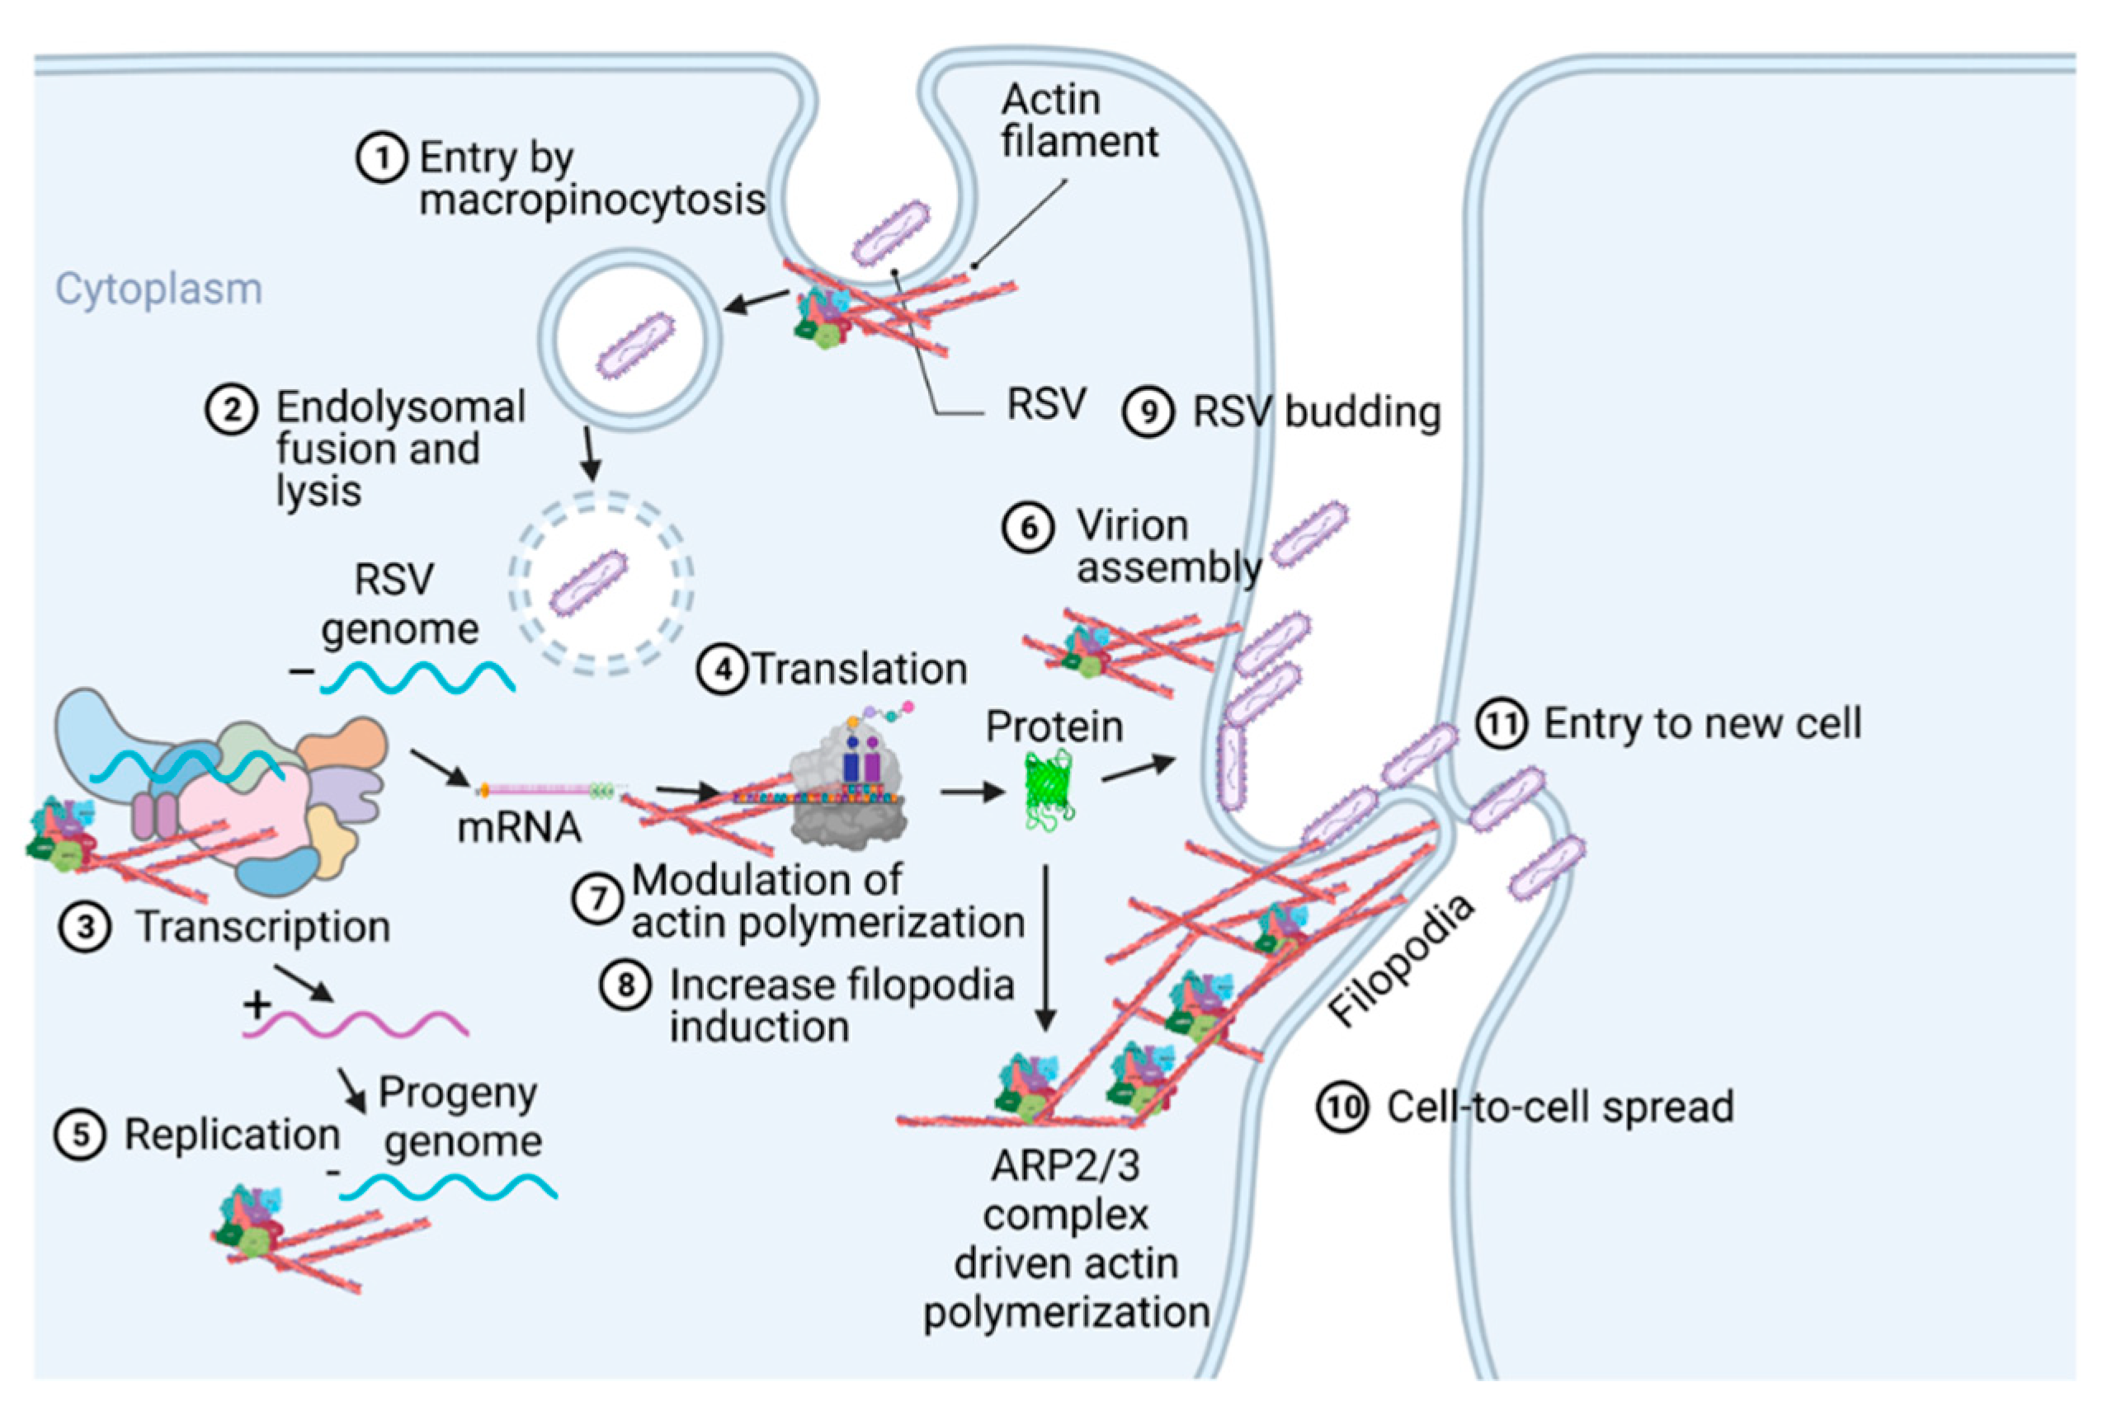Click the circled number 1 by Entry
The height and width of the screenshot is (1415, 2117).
(382, 159)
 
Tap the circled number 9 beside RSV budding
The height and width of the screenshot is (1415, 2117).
(1148, 412)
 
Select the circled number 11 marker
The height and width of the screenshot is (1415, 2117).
(1502, 724)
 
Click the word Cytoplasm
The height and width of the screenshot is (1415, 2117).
(159, 289)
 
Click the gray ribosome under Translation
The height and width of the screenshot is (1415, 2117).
(849, 794)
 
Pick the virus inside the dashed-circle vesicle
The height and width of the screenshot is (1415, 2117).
(590, 584)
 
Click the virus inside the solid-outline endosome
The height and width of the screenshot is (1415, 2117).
(634, 345)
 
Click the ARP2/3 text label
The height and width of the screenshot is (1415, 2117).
(1065, 1166)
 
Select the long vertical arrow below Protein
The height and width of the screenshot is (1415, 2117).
(1045, 947)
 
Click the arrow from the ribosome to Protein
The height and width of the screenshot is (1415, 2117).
(972, 792)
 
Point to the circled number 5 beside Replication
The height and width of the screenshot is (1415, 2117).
(80, 1135)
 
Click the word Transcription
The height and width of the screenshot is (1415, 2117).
(262, 928)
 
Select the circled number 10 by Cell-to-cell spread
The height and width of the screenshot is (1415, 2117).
(1341, 1107)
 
